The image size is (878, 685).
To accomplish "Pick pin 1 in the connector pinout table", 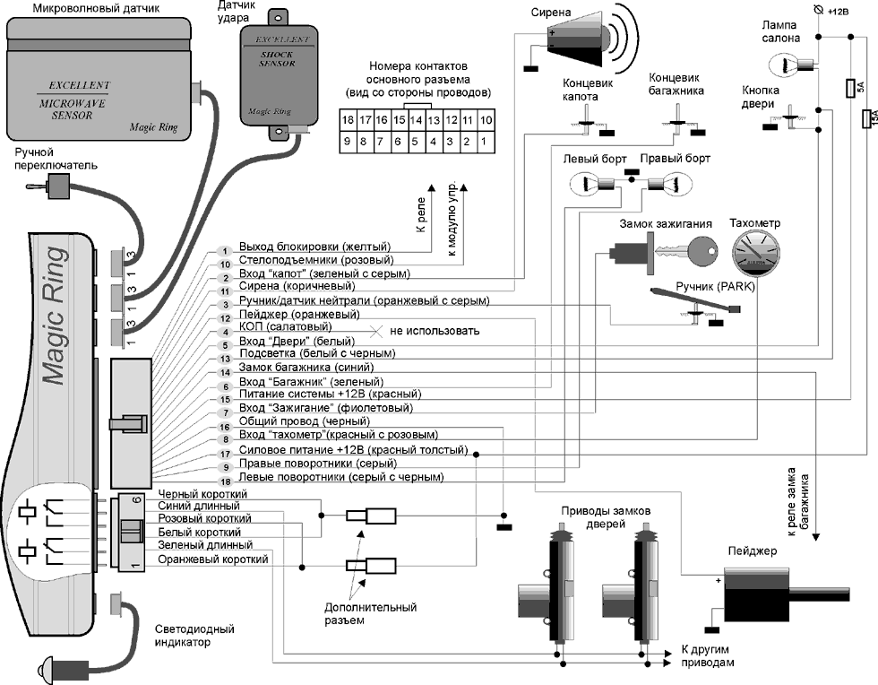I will coord(484,141).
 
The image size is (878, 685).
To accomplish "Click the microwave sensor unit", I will coord(100,81).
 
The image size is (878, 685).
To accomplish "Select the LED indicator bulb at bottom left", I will coord(47,668).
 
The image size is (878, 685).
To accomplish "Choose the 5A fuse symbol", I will coord(849,88).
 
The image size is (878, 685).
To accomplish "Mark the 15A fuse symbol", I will coord(867,119).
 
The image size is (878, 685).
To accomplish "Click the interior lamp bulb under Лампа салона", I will coord(788,64).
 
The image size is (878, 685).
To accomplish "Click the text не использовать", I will coord(434,331).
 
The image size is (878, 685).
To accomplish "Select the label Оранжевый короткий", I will coord(212,560).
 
